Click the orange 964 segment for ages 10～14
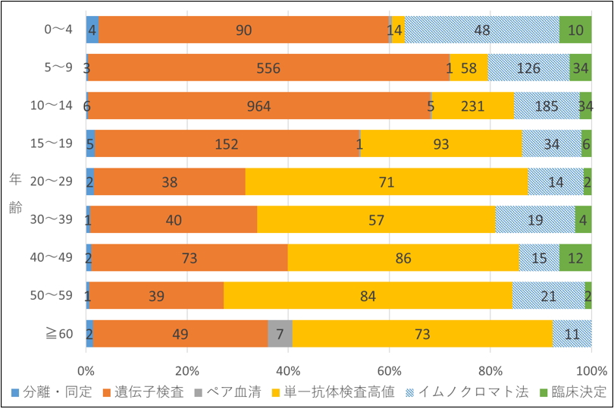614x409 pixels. tap(259, 105)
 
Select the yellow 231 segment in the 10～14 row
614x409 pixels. tap(473, 105)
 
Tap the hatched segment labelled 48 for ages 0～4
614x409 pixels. tap(482, 30)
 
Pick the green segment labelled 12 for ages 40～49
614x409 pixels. tap(575, 258)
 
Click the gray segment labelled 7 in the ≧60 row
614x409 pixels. tap(280, 334)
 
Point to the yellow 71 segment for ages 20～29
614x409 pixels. tap(387, 182)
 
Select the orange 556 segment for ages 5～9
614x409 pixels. tap(268, 68)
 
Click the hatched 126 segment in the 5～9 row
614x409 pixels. tap(528, 68)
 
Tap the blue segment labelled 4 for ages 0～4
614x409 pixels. tap(92, 30)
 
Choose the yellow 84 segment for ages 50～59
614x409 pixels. tap(368, 296)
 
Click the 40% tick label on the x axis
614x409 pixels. tap(288, 371)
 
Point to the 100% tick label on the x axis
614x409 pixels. tap(591, 371)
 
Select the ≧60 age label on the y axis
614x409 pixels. tap(58, 334)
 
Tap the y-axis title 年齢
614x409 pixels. tap(16, 194)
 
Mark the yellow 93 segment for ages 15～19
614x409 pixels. tap(440, 143)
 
